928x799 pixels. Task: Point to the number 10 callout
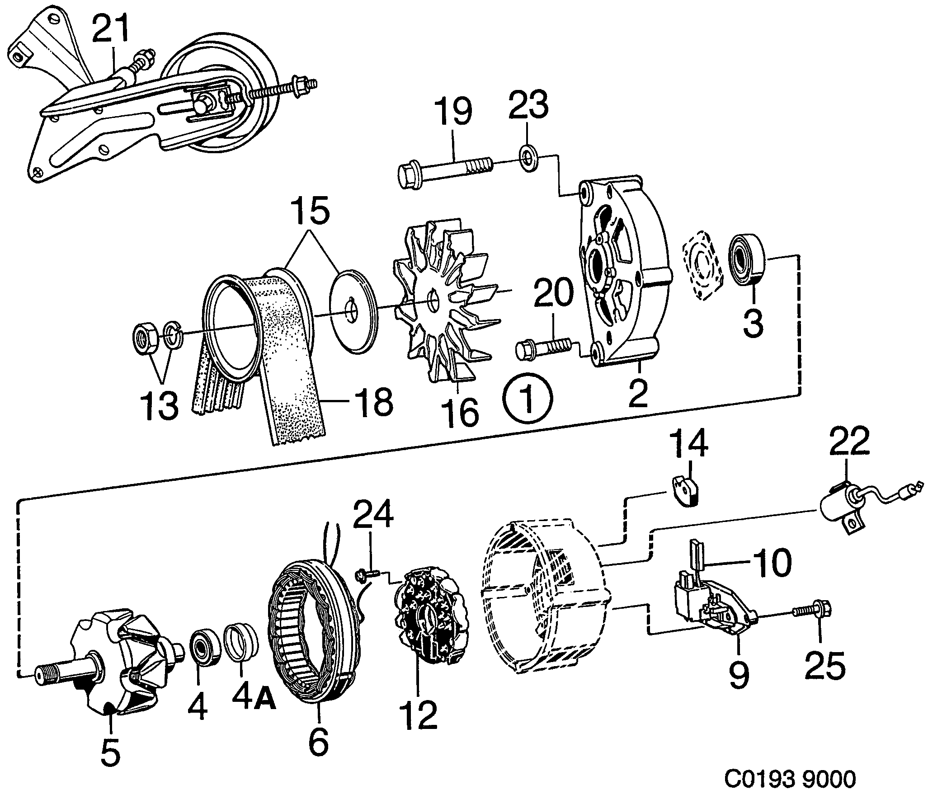771,563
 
